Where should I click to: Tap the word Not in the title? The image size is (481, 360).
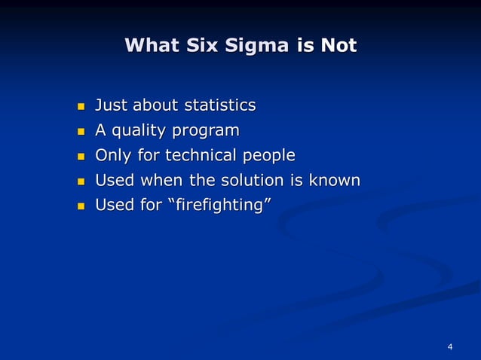pos(338,45)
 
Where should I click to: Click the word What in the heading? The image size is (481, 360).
pos(152,45)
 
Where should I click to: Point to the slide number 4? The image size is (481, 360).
pos(450,346)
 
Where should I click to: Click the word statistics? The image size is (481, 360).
pos(220,105)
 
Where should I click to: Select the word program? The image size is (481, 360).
pos(206,131)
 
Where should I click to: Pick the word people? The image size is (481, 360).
pos(269,156)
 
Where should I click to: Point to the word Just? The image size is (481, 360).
pos(111,105)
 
